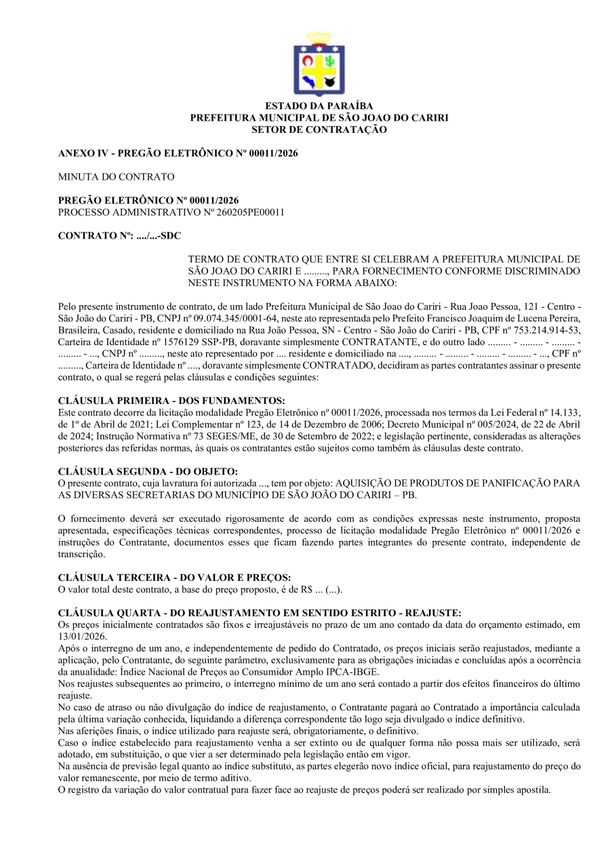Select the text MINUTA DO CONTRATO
click(117, 177)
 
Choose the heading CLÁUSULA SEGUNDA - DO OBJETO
click(148, 472)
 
